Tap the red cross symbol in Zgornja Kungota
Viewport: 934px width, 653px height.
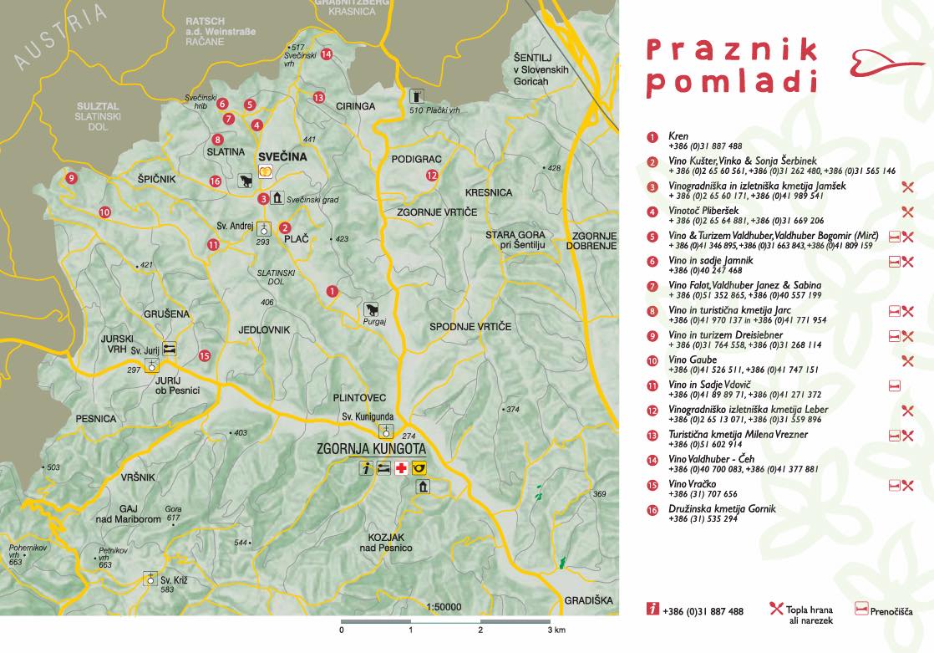pyautogui.click(x=401, y=469)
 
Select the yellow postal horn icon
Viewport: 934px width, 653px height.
pyautogui.click(x=419, y=469)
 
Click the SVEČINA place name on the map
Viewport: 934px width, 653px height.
pyautogui.click(x=283, y=156)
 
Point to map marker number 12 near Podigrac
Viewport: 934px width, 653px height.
pyautogui.click(x=431, y=176)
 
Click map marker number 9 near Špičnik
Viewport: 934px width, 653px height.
pyautogui.click(x=72, y=178)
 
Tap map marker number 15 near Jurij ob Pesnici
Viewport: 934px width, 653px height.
pyautogui.click(x=205, y=355)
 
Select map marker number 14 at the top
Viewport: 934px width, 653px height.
pyautogui.click(x=326, y=54)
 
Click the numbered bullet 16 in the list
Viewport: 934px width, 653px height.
pyautogui.click(x=652, y=509)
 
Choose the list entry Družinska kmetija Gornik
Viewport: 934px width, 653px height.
pyautogui.click(x=722, y=508)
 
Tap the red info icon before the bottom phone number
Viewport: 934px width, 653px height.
pyautogui.click(x=652, y=610)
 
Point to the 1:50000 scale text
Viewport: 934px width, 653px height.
pyautogui.click(x=444, y=607)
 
